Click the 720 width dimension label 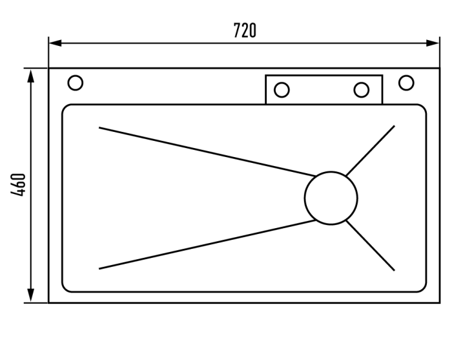click(x=245, y=30)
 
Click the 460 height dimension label click(x=18, y=185)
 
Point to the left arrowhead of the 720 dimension click(x=56, y=43)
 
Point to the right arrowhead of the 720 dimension click(x=433, y=43)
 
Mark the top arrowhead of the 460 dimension click(x=31, y=76)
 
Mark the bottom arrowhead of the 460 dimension click(x=31, y=295)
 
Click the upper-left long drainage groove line click(x=207, y=151)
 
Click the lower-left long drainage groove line click(x=207, y=244)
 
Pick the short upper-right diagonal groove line click(x=371, y=151)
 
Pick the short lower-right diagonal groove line click(x=371, y=246)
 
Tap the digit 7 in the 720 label click(x=237, y=30)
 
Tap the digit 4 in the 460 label click(x=18, y=193)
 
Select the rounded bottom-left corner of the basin click(x=65, y=290)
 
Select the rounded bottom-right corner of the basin click(x=424, y=290)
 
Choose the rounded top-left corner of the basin click(x=65, y=107)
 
